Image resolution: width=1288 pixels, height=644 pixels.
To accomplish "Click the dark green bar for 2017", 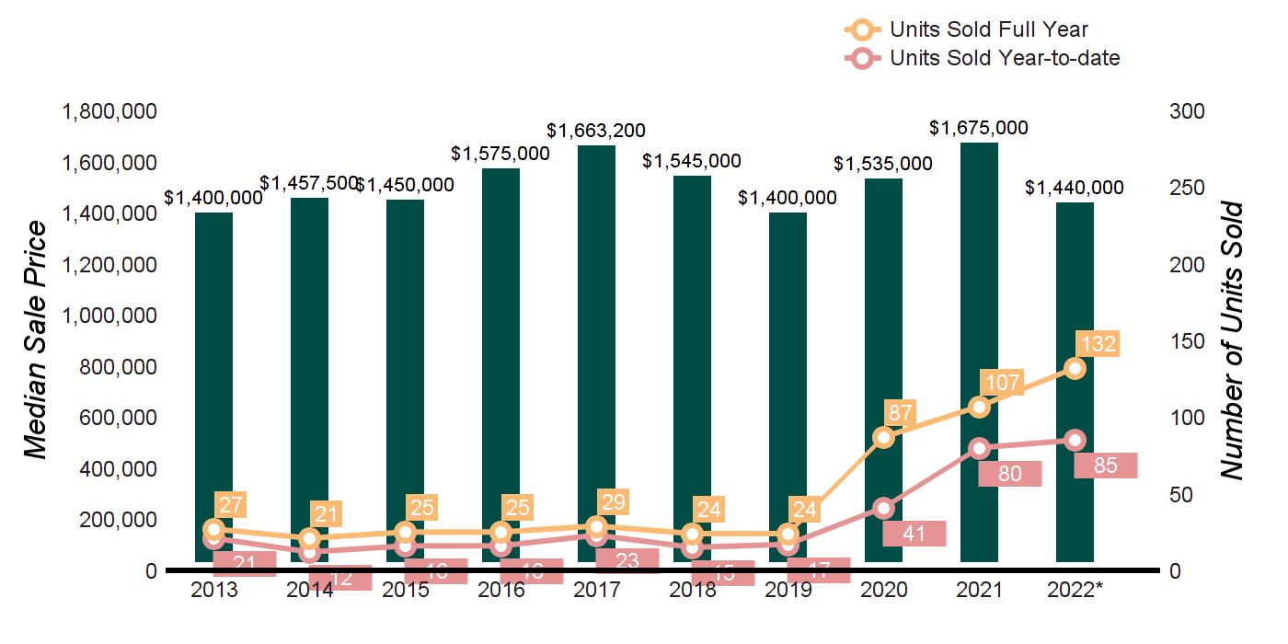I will tap(596, 350).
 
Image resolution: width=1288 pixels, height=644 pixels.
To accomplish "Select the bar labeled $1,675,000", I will tap(979, 350).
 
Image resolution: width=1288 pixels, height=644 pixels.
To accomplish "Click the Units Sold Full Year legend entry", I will tap(988, 30).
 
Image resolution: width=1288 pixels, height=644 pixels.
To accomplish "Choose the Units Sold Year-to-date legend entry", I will tap(1004, 59).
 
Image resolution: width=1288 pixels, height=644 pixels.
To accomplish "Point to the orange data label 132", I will tap(1098, 345).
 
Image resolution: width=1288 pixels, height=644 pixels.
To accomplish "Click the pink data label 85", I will tap(1106, 466).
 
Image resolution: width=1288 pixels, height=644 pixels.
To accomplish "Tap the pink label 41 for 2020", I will tap(914, 533).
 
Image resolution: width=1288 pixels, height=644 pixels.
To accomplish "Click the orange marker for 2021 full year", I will tap(979, 407).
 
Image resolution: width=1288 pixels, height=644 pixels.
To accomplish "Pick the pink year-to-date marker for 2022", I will tap(1075, 440).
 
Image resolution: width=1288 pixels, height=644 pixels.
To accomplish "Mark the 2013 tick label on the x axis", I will tap(213, 590).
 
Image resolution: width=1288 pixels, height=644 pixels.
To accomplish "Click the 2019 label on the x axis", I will tap(788, 590).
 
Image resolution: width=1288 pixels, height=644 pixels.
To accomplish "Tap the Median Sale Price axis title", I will tap(36, 340).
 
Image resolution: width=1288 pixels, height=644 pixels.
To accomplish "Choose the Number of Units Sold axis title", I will tap(1232, 340).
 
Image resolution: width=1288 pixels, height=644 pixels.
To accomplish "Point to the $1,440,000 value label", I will tap(1075, 188).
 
